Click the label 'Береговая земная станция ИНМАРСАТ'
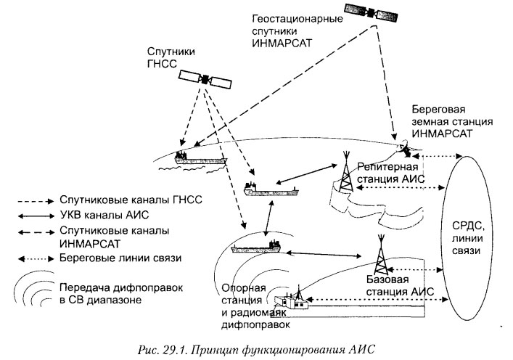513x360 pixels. coord(443,121)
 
